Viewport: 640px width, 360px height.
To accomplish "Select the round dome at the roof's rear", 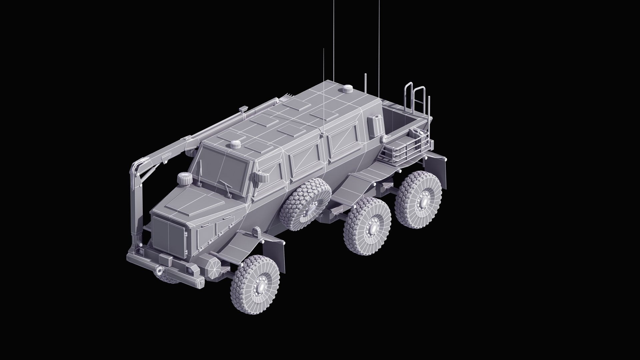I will click(x=348, y=89).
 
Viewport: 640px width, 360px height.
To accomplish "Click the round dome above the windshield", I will click(x=236, y=144).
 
